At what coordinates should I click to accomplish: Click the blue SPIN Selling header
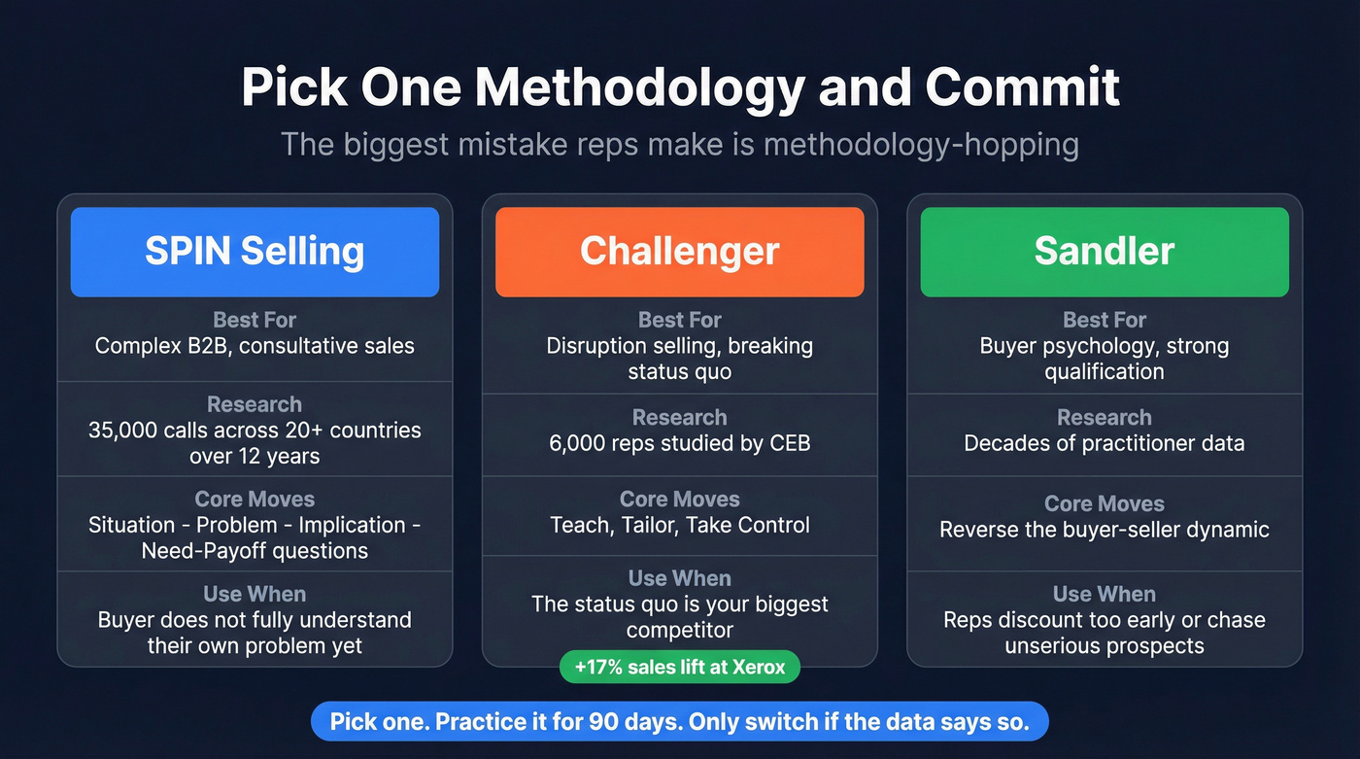(x=255, y=252)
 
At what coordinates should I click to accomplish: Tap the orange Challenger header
(x=679, y=252)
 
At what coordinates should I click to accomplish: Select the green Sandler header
(x=1104, y=252)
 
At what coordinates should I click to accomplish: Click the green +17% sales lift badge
(x=679, y=668)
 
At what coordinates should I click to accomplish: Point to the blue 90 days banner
(x=679, y=722)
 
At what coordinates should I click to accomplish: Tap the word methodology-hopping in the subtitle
(x=921, y=145)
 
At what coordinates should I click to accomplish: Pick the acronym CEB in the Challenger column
(x=789, y=443)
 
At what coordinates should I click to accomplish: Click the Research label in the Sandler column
(x=1104, y=418)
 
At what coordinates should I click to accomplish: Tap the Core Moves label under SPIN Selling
(x=255, y=500)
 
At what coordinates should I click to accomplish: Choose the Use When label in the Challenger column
(x=679, y=578)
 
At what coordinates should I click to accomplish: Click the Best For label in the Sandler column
(x=1104, y=320)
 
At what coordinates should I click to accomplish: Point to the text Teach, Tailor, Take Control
(x=679, y=526)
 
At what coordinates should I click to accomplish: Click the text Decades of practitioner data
(x=1104, y=443)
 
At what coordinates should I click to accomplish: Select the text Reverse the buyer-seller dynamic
(x=1104, y=530)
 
